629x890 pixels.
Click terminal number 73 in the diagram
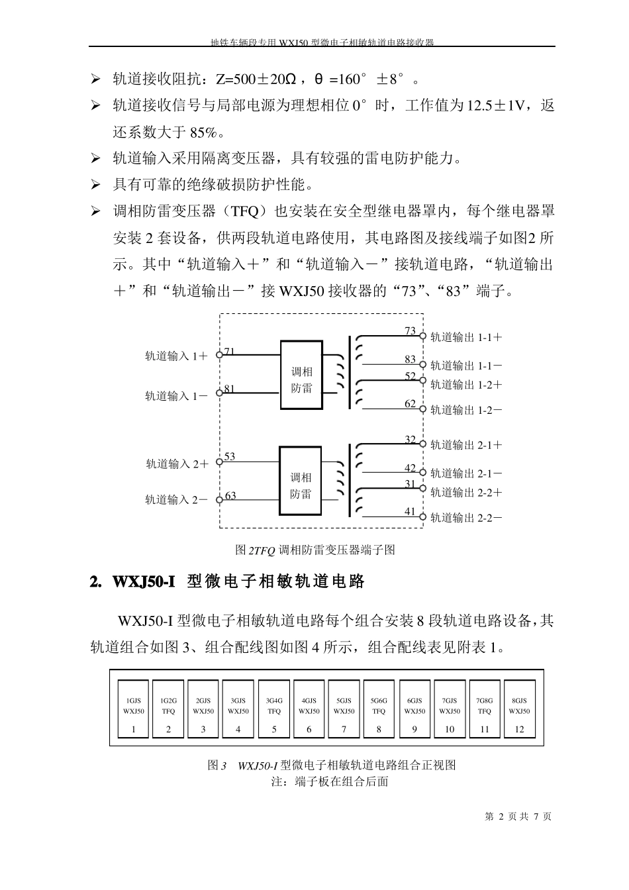point(411,330)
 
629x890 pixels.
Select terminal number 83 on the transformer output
point(411,359)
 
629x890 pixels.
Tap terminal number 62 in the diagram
point(411,404)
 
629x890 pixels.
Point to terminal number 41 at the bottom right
point(411,511)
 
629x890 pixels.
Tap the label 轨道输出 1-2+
point(466,385)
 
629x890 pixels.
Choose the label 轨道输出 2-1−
point(466,473)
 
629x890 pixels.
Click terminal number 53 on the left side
point(230,456)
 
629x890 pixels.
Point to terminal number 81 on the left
point(229,389)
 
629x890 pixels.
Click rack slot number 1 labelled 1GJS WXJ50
point(134,709)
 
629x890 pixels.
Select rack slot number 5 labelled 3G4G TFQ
point(274,709)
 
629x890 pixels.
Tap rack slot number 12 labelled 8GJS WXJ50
point(519,709)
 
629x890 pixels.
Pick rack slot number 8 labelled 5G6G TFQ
point(379,709)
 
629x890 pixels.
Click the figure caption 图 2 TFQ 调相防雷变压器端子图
point(315,550)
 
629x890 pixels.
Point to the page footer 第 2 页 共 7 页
point(518,816)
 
